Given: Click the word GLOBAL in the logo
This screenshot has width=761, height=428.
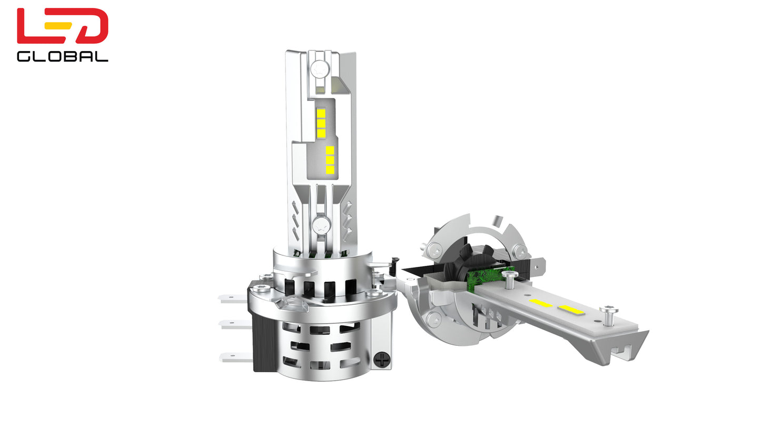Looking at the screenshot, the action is coord(63,57).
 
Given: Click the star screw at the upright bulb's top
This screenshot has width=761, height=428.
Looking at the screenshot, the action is coord(320,69).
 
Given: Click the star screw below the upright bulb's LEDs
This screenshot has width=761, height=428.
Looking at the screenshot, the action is coord(321,225).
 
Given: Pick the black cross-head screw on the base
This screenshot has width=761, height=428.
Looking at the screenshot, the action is coord(381,360).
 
